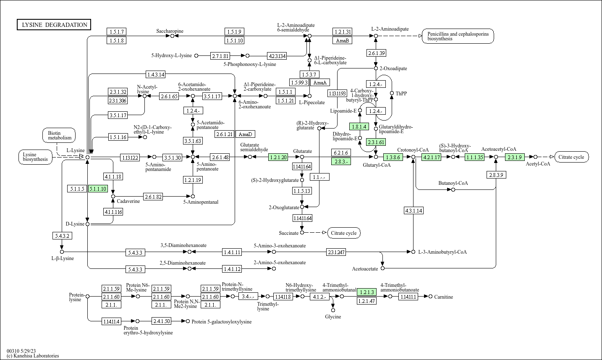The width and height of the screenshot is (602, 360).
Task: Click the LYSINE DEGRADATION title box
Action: click(x=54, y=25)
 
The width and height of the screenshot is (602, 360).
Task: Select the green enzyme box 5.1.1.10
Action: click(x=98, y=189)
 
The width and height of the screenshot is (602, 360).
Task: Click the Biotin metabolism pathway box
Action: click(x=59, y=135)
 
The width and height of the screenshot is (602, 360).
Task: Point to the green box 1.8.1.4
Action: click(x=359, y=126)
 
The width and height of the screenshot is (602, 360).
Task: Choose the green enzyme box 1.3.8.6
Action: click(x=393, y=157)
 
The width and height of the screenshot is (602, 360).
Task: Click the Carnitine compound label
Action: click(x=443, y=297)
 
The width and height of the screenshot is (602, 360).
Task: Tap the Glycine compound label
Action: click(x=333, y=317)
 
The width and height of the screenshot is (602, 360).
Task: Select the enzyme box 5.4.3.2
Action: click(x=62, y=236)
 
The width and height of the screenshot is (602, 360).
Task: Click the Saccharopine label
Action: click(x=170, y=31)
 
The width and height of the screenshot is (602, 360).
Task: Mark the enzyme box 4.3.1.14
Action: click(x=414, y=210)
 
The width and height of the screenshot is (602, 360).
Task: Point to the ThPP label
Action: click(x=401, y=93)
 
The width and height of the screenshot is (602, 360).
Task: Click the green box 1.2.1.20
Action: click(x=278, y=157)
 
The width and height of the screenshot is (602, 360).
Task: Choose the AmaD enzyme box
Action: click(x=245, y=134)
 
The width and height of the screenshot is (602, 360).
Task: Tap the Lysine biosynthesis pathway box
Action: click(x=35, y=157)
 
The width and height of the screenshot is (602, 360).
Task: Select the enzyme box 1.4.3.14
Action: click(x=156, y=74)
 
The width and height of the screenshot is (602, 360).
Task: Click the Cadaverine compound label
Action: click(x=128, y=201)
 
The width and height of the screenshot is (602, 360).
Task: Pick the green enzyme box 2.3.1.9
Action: click(x=515, y=157)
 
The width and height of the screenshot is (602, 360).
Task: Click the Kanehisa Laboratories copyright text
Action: click(x=33, y=356)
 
